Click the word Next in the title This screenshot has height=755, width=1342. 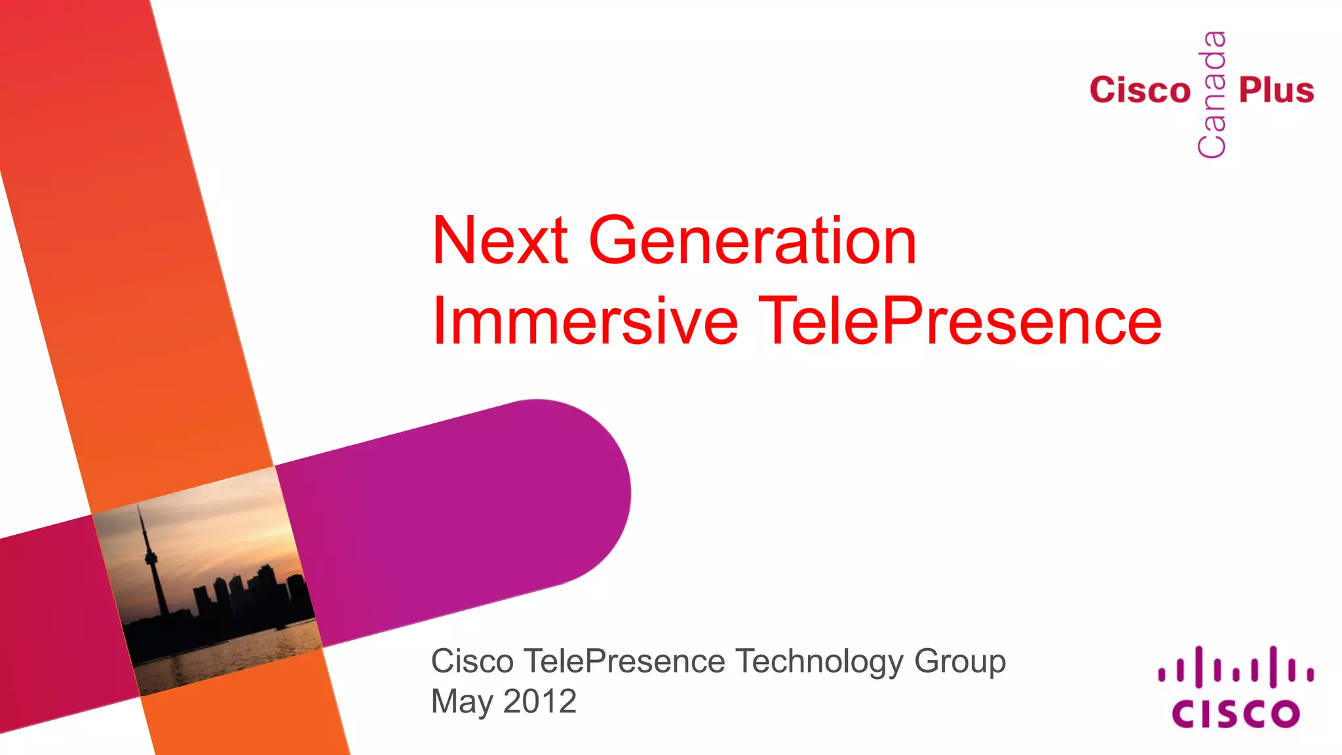pyautogui.click(x=499, y=241)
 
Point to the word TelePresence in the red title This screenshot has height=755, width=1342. pyautogui.click(x=959, y=321)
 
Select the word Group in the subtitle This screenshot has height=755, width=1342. pyautogui.click(x=959, y=662)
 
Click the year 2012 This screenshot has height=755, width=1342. pyautogui.click(x=540, y=701)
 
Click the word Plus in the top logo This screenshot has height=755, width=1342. pyautogui.click(x=1276, y=90)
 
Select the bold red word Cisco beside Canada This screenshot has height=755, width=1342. pyautogui.click(x=1140, y=90)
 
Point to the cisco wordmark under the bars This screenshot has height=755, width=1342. pyautogui.click(x=1235, y=714)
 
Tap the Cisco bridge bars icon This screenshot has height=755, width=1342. pyautogui.click(x=1235, y=667)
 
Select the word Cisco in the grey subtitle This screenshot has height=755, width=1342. pyautogui.click(x=472, y=662)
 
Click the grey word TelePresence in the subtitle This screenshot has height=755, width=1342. pyautogui.click(x=624, y=662)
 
